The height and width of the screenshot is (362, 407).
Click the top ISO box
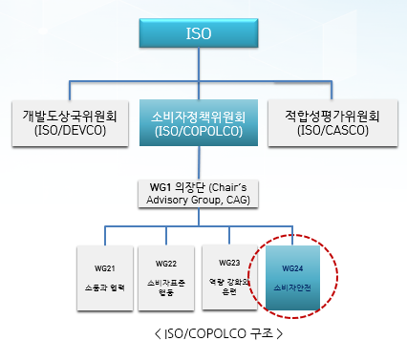(x=199, y=34)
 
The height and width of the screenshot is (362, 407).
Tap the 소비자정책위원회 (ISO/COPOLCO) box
(x=199, y=122)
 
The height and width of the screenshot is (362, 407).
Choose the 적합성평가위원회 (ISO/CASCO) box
(x=332, y=122)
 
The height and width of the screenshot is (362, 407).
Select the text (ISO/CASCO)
(x=332, y=130)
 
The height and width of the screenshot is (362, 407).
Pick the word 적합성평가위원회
(x=332, y=116)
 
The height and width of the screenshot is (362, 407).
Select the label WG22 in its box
(x=166, y=263)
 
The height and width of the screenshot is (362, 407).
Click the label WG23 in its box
(x=229, y=263)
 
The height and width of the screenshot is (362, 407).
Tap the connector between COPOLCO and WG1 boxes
(x=198, y=162)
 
